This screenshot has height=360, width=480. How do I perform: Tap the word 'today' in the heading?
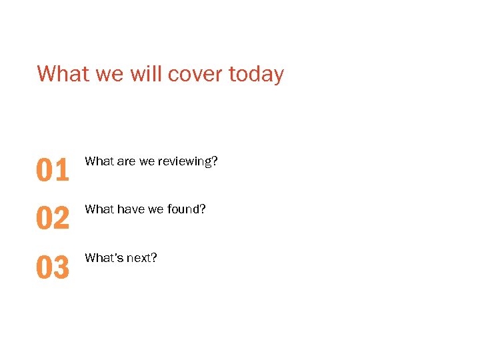(x=256, y=74)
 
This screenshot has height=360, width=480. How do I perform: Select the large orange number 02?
(x=53, y=219)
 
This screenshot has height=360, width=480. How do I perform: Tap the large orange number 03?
(x=53, y=267)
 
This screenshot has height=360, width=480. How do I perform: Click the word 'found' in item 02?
(x=183, y=209)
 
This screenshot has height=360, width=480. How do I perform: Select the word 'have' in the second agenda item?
(x=131, y=209)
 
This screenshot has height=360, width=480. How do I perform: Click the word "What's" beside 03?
(x=101, y=257)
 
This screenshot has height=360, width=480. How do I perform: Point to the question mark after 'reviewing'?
(x=215, y=161)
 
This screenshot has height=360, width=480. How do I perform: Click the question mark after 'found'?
(x=203, y=209)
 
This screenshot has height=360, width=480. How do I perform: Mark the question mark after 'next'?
(x=154, y=257)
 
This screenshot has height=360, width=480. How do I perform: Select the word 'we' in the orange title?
(x=109, y=74)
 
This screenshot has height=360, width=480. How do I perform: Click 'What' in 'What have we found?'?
(x=99, y=209)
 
